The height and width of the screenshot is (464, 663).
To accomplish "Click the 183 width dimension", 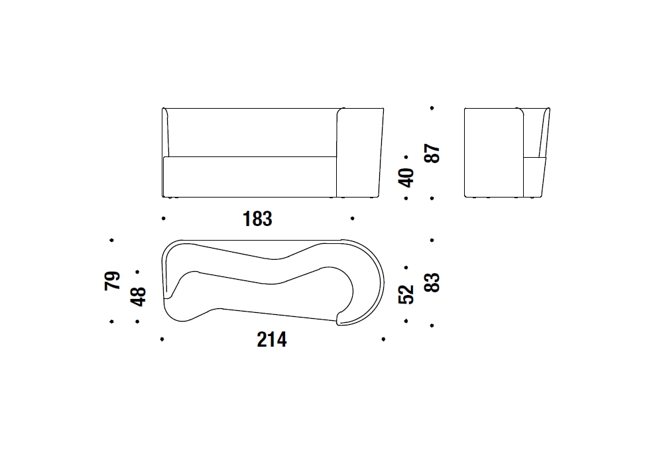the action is click(257, 219).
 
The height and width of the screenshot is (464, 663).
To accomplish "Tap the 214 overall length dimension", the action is click(272, 340).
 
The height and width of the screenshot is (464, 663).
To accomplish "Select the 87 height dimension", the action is click(432, 153).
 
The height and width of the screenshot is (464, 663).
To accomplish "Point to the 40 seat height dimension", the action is click(406, 178).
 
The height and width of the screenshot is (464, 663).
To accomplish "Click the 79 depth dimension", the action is click(112, 280).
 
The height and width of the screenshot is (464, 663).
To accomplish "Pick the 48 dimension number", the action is click(139, 296).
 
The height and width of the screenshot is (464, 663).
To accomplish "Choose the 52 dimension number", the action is click(406, 294).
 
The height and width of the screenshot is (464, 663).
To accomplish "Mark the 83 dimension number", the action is click(432, 283).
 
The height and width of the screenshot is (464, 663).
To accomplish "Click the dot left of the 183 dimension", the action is click(164, 219).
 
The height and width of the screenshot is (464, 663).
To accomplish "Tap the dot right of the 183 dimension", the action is click(352, 219).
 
